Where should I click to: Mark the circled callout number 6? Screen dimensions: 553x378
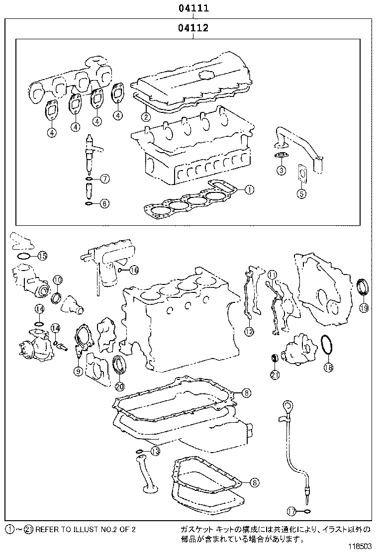(104, 179)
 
